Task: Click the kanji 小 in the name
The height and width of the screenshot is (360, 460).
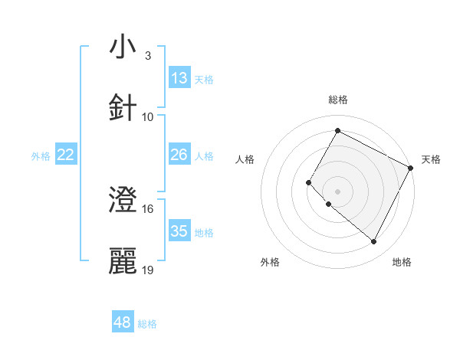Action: tap(123, 47)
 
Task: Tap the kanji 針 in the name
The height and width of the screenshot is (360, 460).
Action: tap(123, 108)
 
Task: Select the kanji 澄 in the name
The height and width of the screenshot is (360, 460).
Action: tap(123, 201)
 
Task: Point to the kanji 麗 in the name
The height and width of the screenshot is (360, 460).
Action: tap(123, 261)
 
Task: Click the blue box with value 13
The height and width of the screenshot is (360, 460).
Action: tap(179, 78)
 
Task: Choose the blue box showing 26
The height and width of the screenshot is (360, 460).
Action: tap(179, 155)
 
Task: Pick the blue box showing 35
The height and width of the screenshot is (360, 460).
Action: tap(179, 231)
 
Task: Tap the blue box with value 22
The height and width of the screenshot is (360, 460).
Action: tap(66, 155)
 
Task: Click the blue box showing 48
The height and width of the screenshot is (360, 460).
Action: tap(123, 322)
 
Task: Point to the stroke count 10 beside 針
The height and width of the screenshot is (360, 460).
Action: tap(149, 116)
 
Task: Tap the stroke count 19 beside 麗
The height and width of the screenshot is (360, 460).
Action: tap(149, 270)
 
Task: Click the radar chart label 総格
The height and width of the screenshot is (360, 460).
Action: tap(337, 100)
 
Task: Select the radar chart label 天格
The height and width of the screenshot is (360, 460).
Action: tap(432, 159)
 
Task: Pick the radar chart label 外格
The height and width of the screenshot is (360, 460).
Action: tap(270, 262)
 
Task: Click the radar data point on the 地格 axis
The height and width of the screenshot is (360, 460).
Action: tap(374, 242)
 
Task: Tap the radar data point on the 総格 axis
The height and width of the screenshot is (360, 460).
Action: tap(337, 131)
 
